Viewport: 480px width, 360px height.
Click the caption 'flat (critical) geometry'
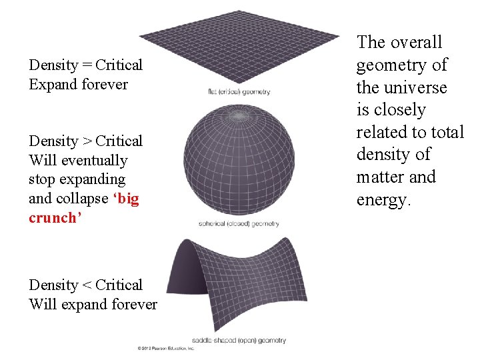click(238, 91)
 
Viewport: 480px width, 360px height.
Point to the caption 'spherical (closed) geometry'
click(239, 224)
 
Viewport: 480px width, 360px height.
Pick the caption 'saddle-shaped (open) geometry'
click(239, 340)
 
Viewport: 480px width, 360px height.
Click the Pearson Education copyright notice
click(165, 348)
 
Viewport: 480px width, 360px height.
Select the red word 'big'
click(127, 199)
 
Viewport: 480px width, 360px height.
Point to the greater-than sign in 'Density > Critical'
click(87, 141)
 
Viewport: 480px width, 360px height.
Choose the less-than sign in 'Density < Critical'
click(87, 285)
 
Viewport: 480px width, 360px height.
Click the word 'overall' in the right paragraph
click(417, 43)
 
